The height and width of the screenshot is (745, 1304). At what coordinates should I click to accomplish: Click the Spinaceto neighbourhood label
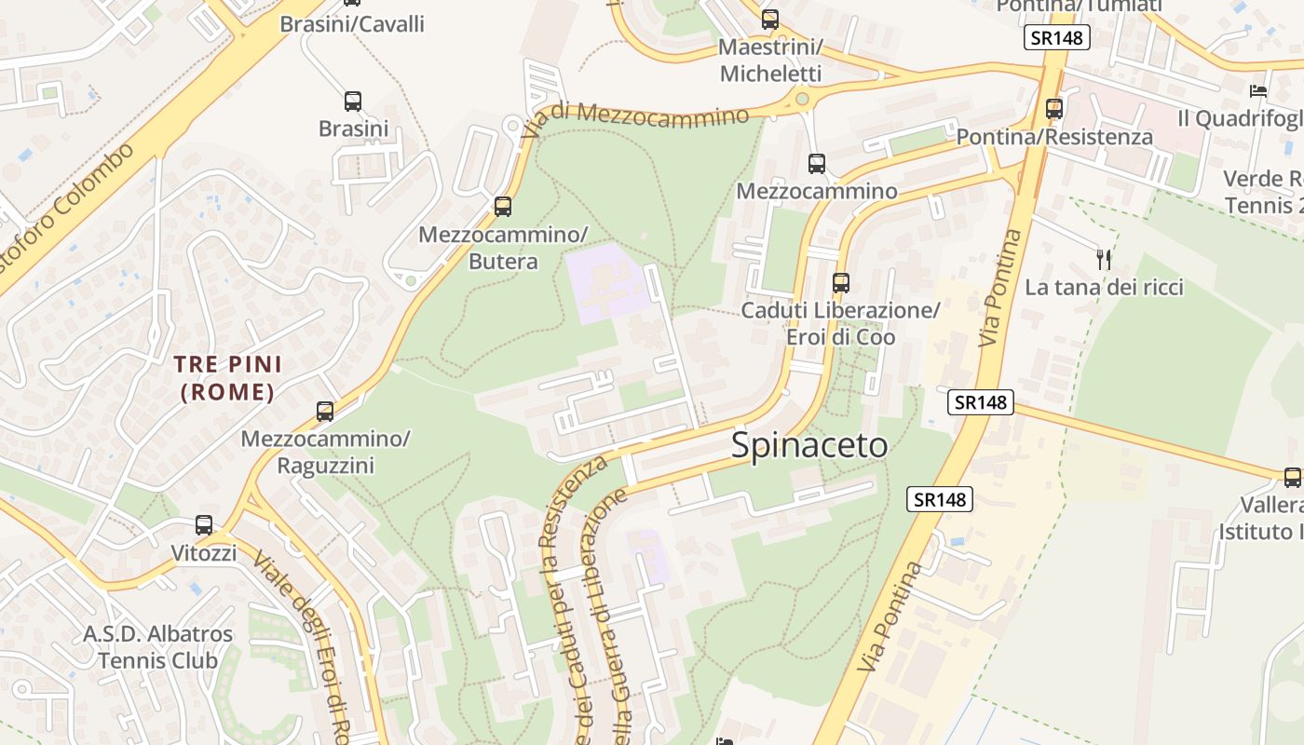coord(808,445)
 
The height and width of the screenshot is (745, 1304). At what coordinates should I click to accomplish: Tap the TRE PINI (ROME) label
coord(228,377)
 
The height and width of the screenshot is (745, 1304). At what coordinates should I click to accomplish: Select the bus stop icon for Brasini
coord(353,102)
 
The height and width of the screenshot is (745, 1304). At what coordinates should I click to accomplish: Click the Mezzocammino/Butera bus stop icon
coord(503,207)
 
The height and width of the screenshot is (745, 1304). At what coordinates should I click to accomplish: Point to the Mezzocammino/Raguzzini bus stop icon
coord(325,411)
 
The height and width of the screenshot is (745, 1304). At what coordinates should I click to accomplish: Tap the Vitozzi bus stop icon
coord(204,525)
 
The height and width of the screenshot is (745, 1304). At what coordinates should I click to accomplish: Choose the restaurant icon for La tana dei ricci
coord(1104,259)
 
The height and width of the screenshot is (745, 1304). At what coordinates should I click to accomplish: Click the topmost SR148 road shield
coord(1056,38)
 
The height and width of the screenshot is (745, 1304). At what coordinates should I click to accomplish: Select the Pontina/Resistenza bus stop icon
coord(1054,109)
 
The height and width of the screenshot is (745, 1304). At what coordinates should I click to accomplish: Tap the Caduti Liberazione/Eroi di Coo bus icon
coord(841,282)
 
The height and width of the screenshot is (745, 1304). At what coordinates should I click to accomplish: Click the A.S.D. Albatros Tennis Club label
coord(158,646)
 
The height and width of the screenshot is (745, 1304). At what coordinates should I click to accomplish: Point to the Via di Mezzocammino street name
coord(635,119)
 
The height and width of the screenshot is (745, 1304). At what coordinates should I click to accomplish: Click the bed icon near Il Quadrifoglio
coord(1258,91)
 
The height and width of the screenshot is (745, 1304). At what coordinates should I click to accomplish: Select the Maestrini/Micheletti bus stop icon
coord(769,19)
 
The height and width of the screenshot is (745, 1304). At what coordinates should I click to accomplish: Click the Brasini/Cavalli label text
coord(352,24)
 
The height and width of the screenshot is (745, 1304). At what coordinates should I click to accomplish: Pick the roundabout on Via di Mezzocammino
coord(801,97)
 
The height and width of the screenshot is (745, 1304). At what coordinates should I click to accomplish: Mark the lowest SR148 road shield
coord(940,499)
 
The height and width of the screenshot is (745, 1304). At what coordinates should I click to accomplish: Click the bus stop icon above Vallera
coord(1292,478)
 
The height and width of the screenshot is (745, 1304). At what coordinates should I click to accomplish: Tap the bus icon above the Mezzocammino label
coord(817,164)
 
